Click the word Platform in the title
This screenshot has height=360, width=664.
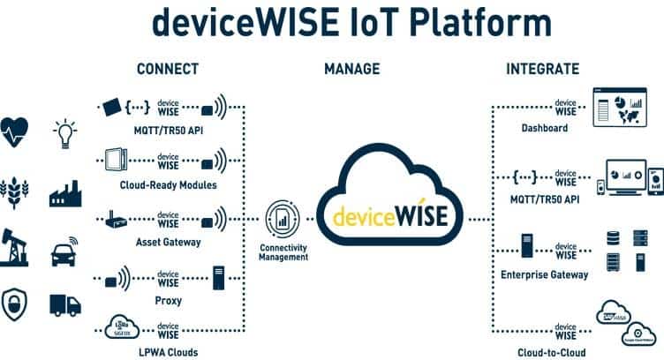tap(467, 24)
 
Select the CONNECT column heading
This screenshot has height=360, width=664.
tap(168, 69)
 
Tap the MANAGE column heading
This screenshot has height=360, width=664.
tap(352, 69)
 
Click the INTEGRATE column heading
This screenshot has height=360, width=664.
tap(542, 69)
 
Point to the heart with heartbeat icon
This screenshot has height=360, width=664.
tap(18, 130)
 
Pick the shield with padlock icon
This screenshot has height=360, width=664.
tap(18, 303)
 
